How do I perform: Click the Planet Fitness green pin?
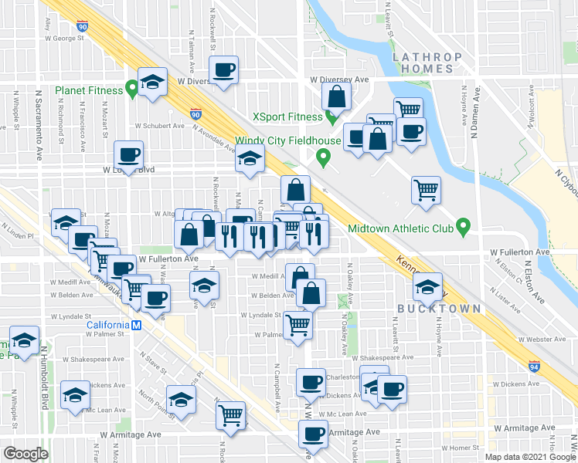coord(132,90)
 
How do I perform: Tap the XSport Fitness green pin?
coord(331,117)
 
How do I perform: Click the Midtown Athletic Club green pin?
coord(463,228)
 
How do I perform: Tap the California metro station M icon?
coord(136,325)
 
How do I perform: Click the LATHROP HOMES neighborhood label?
coord(427,63)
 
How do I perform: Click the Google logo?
coord(25,454)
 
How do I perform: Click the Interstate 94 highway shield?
coord(535,366)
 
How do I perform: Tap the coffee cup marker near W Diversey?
coord(224,70)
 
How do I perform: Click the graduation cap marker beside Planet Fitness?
coord(153,82)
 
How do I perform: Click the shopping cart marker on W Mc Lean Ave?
coord(230,415)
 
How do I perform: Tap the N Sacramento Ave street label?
coord(38,123)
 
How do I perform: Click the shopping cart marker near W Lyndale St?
coord(297,324)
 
